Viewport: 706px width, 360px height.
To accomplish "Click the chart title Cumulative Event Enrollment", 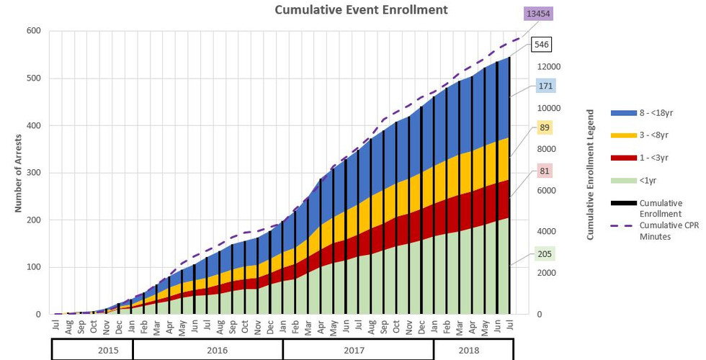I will click(x=362, y=10).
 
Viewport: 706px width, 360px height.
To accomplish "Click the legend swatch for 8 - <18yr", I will click(x=623, y=113).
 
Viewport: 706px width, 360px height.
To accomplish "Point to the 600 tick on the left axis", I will click(x=34, y=31).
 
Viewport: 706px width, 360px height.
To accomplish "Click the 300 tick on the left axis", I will click(x=34, y=173).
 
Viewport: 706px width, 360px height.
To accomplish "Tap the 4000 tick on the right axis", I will click(x=548, y=232).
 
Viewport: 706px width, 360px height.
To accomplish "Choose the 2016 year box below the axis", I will click(x=207, y=350).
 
